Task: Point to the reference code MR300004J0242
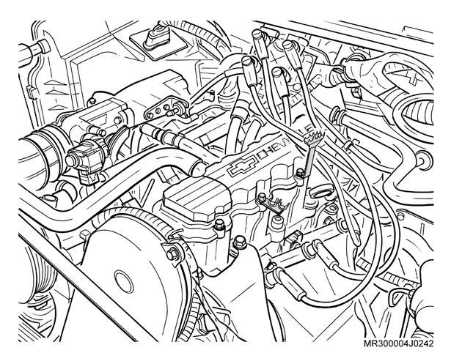[399, 343]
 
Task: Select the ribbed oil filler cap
[197, 198]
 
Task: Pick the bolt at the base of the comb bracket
[300, 173]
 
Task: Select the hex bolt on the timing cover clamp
[172, 254]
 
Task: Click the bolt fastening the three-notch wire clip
[262, 198]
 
